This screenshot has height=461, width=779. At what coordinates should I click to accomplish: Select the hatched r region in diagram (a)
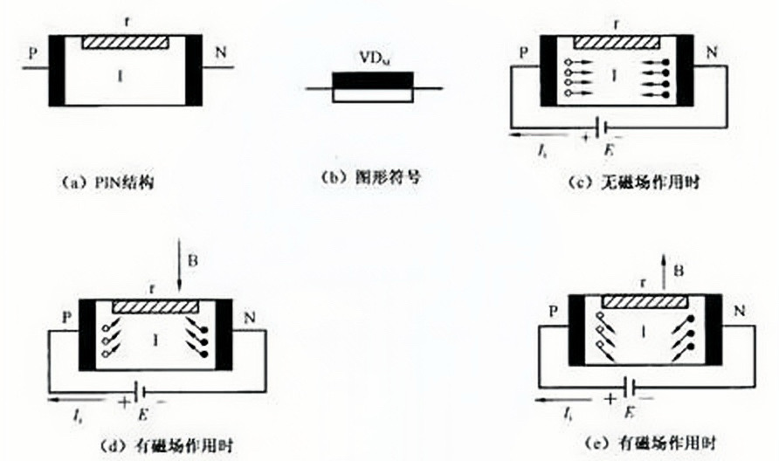click(x=126, y=41)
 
